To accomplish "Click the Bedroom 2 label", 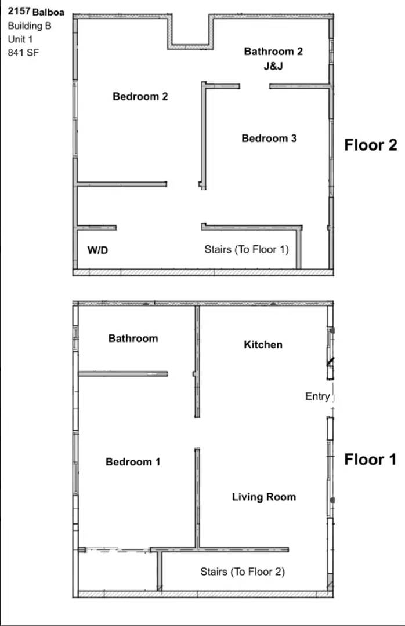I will tap(140, 96).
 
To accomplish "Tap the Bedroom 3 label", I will tap(269, 138).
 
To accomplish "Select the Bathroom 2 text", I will tap(273, 51).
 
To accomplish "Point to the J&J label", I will tap(273, 66).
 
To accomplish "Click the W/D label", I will tap(98, 250).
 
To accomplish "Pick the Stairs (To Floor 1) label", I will tap(247, 249).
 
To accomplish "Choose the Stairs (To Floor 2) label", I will tap(243, 572).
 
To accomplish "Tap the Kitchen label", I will tap(263, 344).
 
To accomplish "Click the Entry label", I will tap(317, 396).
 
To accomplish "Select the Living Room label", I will tap(264, 497).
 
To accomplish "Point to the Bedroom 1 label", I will tap(133, 461).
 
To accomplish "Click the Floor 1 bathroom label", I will tap(133, 338).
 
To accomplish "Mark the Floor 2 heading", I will tap(371, 144).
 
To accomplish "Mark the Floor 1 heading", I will tap(371, 460).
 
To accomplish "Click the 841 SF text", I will tap(21, 52).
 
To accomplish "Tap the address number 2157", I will tap(19, 12).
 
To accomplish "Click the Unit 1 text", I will tap(21, 39).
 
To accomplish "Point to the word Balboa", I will tap(49, 12).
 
